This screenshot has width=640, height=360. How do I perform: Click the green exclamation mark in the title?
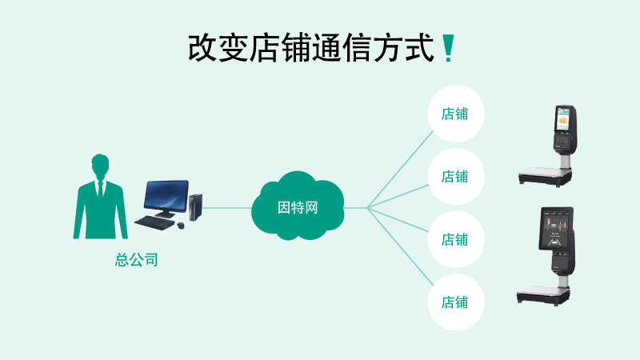coord(449,48)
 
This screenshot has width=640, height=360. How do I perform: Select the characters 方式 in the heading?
coord(404,48)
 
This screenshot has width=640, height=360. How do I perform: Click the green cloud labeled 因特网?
coord(298,206)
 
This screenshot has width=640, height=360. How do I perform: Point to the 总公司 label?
coord(136,259)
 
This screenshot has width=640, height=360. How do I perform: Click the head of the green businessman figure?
coord(100,166)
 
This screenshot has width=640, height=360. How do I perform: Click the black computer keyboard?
coord(155,222)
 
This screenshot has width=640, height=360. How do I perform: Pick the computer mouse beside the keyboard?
coord(181,226)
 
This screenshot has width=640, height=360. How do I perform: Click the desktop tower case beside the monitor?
coord(195,207)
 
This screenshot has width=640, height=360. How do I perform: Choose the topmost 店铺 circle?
coord(456,114)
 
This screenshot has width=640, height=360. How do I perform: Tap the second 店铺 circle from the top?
coord(456,176)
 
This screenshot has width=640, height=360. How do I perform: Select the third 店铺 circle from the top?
coord(456,239)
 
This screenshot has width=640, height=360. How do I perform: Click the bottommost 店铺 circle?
coord(456,302)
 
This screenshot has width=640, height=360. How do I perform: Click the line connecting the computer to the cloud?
coord(226,208)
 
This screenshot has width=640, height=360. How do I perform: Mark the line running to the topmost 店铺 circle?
coord(400,170)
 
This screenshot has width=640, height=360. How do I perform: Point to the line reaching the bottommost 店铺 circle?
coord(400,246)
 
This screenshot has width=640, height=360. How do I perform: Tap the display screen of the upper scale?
coord(562,119)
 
